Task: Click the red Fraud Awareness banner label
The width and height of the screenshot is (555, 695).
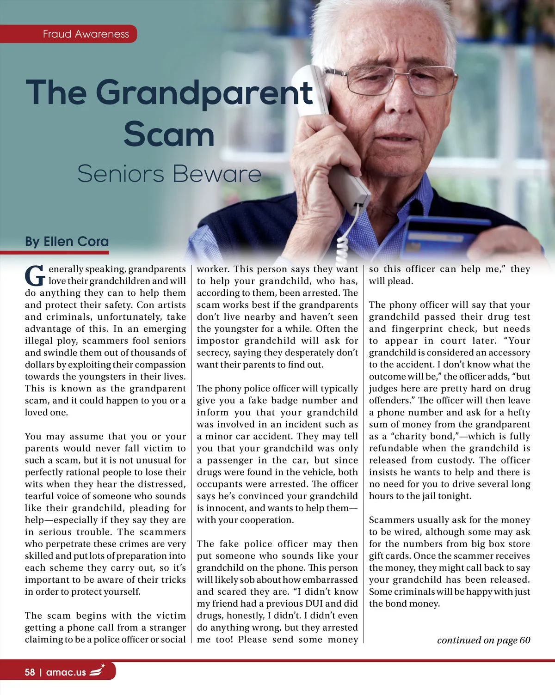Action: point(86,34)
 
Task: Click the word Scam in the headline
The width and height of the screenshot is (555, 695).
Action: point(169,134)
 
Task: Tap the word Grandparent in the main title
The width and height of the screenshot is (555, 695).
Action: point(204,92)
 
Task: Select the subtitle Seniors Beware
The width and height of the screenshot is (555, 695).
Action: point(169,174)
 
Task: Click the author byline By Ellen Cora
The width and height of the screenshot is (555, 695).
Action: point(67,242)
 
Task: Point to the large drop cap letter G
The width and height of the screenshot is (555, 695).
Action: point(35,276)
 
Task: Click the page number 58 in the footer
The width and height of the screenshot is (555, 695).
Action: point(30,672)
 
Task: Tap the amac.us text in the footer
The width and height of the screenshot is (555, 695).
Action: point(66,672)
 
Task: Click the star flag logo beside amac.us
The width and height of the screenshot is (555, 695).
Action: point(97,671)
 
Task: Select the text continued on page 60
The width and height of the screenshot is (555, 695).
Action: point(483,640)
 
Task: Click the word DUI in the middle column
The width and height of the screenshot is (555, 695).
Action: point(314,604)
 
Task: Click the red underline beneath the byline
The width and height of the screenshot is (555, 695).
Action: point(55,252)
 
